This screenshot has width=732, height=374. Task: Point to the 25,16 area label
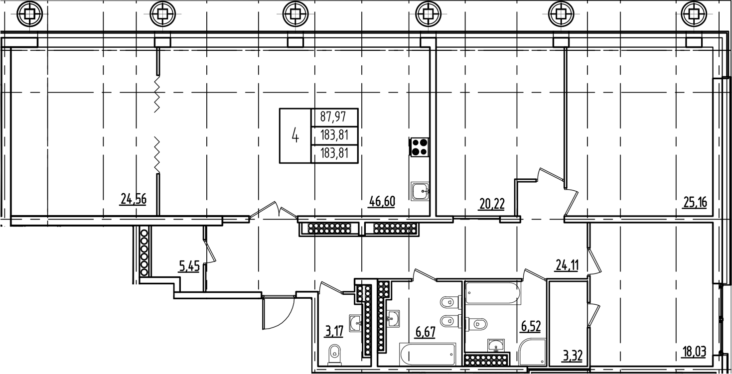tap(694, 202)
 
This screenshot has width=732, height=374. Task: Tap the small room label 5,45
tap(189, 267)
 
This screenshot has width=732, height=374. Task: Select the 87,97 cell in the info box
tap(333, 118)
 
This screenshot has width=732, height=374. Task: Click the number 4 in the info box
tap(295, 135)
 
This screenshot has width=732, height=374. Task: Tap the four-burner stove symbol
tap(419, 147)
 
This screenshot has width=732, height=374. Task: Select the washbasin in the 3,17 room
tap(355, 323)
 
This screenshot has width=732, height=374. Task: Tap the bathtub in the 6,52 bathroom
tap(492, 294)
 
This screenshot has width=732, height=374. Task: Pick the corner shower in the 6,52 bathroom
tap(532, 353)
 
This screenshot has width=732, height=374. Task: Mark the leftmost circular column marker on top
tap(30, 14)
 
